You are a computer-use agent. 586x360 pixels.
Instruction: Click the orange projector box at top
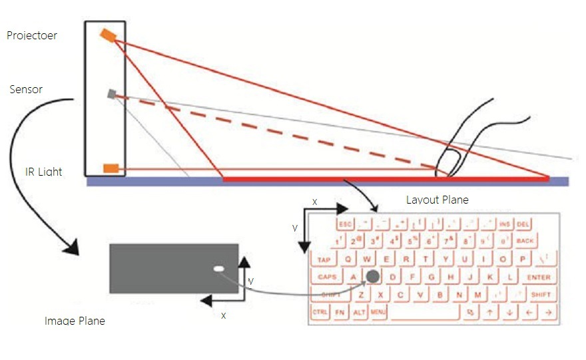coord(108,35)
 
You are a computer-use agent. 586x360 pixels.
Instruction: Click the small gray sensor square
coord(112,94)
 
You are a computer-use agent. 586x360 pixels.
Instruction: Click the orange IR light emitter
coord(111,168)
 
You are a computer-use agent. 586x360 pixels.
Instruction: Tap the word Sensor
coord(27,89)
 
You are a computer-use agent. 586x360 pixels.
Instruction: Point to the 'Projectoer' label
coord(32,35)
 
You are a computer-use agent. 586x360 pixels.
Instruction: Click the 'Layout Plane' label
coord(437,200)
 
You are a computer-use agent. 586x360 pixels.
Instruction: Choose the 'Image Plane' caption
coord(75,321)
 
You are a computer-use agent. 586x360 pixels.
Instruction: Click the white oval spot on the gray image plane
coord(218,269)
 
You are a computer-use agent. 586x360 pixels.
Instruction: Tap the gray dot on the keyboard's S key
coord(374,275)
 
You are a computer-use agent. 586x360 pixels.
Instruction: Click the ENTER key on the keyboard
coord(539,277)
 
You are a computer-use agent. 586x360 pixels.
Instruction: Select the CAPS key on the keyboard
coord(327,277)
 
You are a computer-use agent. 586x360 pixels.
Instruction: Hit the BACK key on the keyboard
coord(525,241)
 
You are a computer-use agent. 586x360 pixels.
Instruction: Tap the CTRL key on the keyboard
coord(320,311)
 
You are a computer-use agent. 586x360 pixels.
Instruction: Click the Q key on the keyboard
coord(349,259)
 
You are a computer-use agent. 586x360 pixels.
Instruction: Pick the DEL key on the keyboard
coord(523,224)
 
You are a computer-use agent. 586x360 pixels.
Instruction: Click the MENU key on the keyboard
coord(378,311)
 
